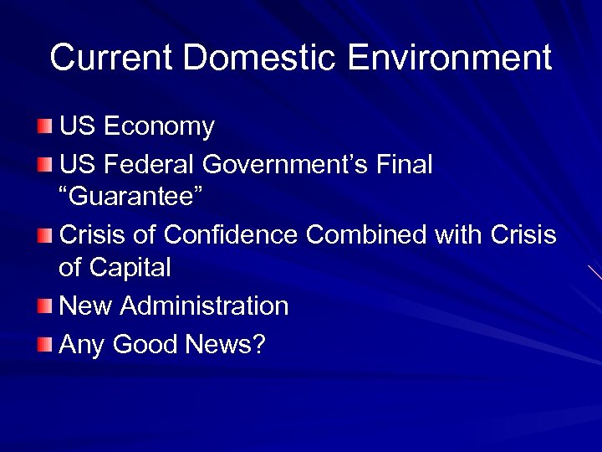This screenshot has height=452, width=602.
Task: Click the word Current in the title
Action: [111, 58]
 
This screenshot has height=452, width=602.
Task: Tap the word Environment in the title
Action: [449, 58]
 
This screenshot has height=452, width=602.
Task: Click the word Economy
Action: [159, 127]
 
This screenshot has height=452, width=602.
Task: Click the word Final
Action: [406, 164]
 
